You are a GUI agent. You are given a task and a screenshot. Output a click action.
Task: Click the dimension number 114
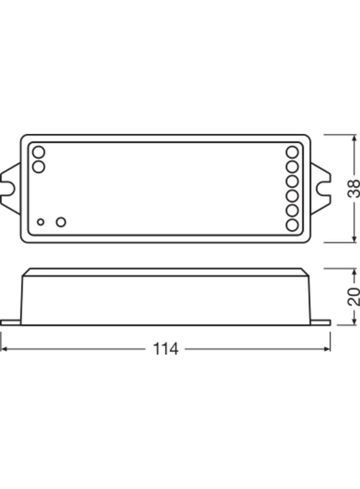pos(165,349)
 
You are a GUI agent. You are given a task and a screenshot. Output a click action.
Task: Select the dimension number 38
pos(354,189)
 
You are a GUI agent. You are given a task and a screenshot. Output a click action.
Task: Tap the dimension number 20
pos(354,297)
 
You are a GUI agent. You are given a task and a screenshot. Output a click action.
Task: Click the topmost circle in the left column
pos(39,152)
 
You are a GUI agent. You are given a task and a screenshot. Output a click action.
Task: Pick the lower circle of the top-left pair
pos(39,167)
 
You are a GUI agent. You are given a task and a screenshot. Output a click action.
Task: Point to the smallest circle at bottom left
pos(41,222)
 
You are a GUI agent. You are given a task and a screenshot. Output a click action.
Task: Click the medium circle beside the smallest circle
pos(61,222)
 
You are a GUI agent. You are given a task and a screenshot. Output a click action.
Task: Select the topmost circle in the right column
pos(292,152)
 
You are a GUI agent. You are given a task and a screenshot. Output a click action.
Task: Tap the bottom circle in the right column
pos(292,225)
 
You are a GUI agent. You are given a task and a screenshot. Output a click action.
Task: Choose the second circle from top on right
pos(292,166)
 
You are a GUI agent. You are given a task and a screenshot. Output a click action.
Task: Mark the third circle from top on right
pos(292,181)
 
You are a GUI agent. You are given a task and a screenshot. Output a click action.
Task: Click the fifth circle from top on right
pos(292,211)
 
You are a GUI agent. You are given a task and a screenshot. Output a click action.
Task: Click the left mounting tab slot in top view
pos(8,189)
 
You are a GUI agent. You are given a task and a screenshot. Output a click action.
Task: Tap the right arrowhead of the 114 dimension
pos(327,349)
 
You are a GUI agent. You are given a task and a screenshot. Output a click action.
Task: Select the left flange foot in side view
pos(11,322)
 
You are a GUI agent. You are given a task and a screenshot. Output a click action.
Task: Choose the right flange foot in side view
pos(321,322)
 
